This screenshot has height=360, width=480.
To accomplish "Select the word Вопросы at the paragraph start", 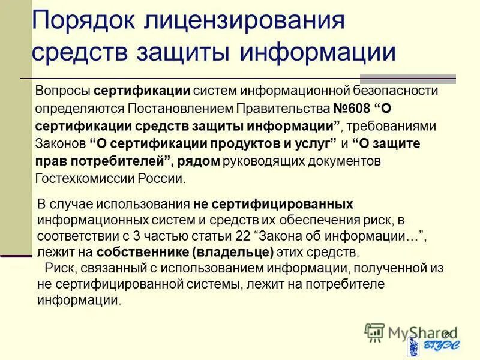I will click(62, 91).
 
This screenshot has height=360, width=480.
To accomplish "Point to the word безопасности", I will click(395, 91).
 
